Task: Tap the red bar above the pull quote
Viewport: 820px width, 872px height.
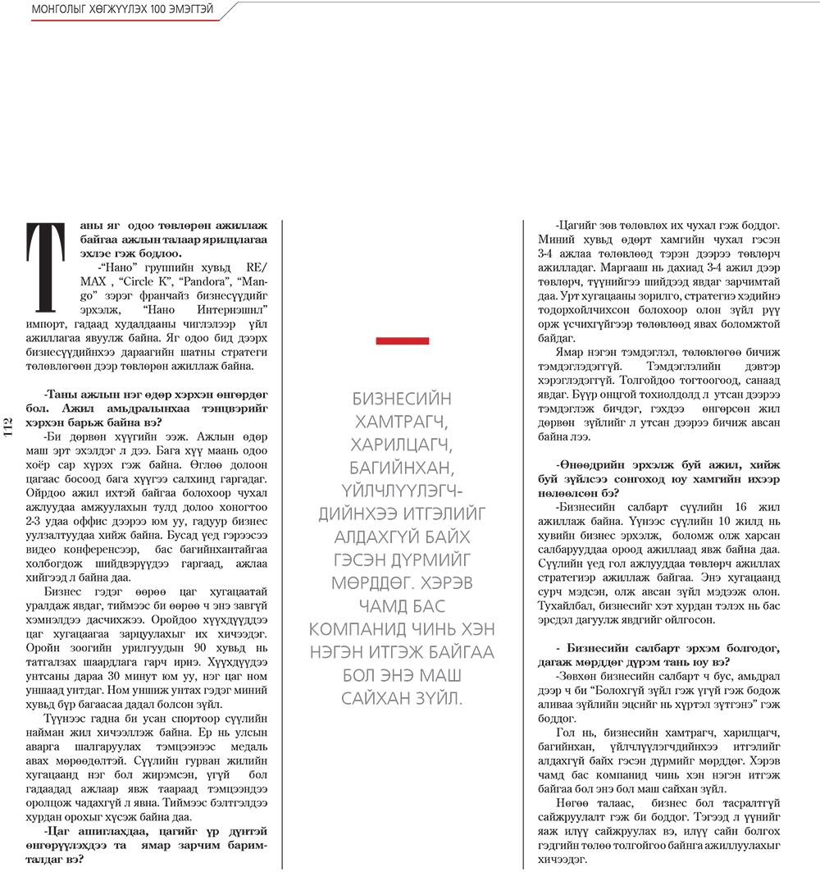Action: [x=402, y=340]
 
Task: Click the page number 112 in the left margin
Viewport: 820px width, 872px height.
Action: [x=9, y=428]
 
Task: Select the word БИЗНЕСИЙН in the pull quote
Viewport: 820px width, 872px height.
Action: [x=402, y=399]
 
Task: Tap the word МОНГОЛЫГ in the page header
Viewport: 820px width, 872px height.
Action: [x=52, y=10]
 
